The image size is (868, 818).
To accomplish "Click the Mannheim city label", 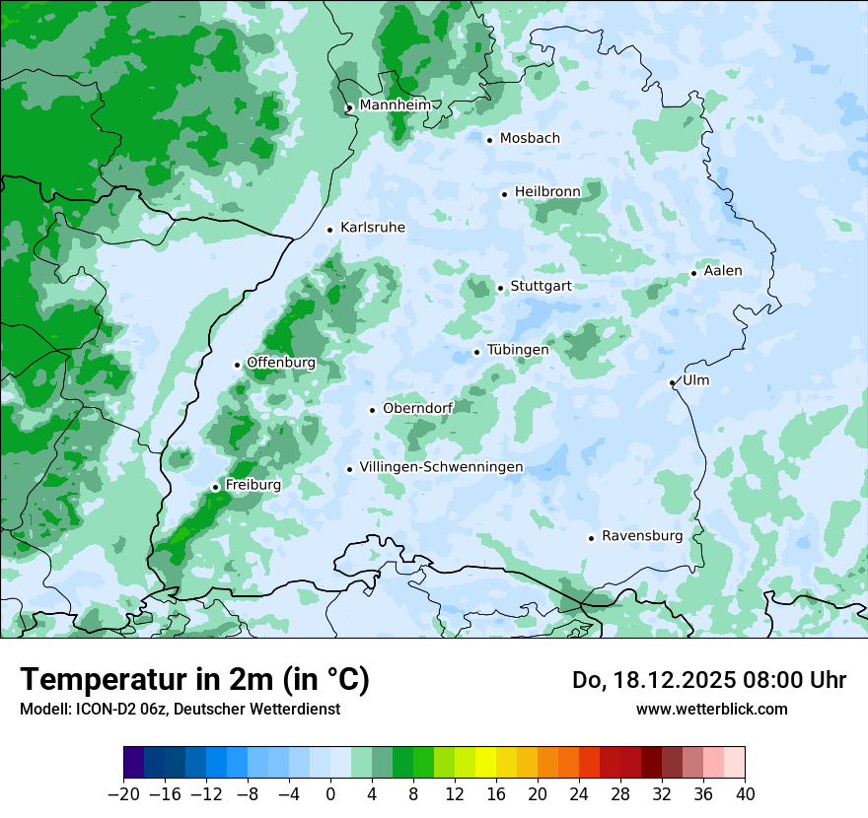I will tap(395, 104).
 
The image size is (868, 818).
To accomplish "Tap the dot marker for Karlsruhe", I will tap(330, 230).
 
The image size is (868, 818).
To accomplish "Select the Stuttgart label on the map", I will tap(541, 286).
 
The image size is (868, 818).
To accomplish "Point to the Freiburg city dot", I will tap(215, 487).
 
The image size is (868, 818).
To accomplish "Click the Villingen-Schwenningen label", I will tap(441, 466).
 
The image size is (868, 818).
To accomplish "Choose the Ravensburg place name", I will tap(642, 536).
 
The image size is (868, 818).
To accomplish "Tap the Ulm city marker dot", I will tap(672, 382).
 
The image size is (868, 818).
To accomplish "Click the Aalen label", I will tap(723, 271).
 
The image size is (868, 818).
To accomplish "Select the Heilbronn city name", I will tap(547, 192).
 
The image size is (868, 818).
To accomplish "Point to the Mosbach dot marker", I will tap(489, 140).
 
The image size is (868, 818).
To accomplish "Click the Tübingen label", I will tap(518, 350).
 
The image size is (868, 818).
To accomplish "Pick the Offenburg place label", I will tap(281, 362).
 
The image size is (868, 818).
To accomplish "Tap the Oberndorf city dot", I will tap(372, 410).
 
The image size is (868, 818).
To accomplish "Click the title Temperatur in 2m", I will tap(194, 680).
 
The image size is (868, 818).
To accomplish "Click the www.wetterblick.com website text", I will tap(711, 709).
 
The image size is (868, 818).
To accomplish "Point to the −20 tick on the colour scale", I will tap(124, 793).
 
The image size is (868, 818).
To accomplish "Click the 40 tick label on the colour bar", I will tap(745, 793).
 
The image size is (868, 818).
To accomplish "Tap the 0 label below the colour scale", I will tap(330, 793).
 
